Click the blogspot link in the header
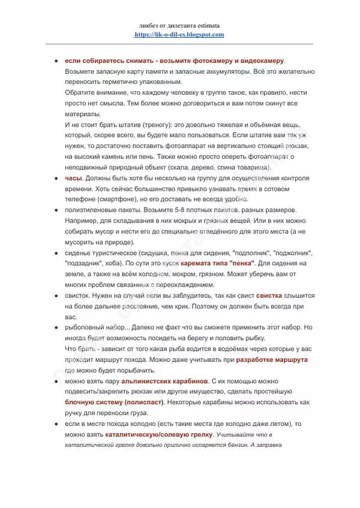pyautogui.click(x=179, y=35)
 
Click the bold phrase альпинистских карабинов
pyautogui.click(x=165, y=381)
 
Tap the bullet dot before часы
pyautogui.click(x=56, y=178)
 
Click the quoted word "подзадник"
pyautogui.click(x=86, y=263)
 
